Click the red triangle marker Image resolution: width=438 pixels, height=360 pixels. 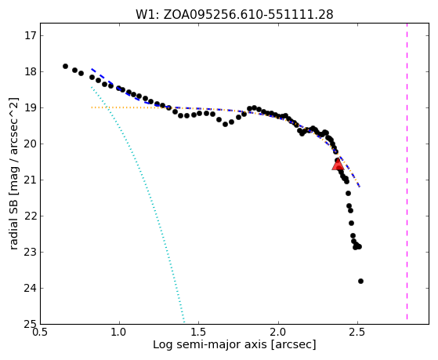[338, 164]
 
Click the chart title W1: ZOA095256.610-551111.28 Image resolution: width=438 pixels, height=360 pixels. [234, 14]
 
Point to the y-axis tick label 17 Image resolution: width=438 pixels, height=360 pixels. [31, 36]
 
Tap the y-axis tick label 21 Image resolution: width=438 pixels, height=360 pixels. [31, 180]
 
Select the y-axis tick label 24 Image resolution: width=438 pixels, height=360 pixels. [31, 288]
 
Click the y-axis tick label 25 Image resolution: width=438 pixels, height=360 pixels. [31, 324]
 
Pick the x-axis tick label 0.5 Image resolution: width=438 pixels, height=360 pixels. [41, 333]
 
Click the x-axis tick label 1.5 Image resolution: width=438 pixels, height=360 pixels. [199, 333]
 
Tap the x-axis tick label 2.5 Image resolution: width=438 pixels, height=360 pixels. [357, 333]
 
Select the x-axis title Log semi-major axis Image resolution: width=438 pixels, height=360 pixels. [210, 345]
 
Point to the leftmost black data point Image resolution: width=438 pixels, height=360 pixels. [65, 67]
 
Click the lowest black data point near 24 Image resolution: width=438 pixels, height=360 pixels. [360, 281]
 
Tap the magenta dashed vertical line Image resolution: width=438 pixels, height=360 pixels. [407, 172]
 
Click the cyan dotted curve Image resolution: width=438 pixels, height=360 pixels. [138, 205]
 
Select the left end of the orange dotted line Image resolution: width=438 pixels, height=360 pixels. [92, 107]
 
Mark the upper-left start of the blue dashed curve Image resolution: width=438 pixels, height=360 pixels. [92, 68]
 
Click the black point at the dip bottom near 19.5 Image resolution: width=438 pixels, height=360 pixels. [225, 124]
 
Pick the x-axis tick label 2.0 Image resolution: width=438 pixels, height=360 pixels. [278, 333]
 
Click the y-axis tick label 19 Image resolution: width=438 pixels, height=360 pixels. [31, 108]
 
